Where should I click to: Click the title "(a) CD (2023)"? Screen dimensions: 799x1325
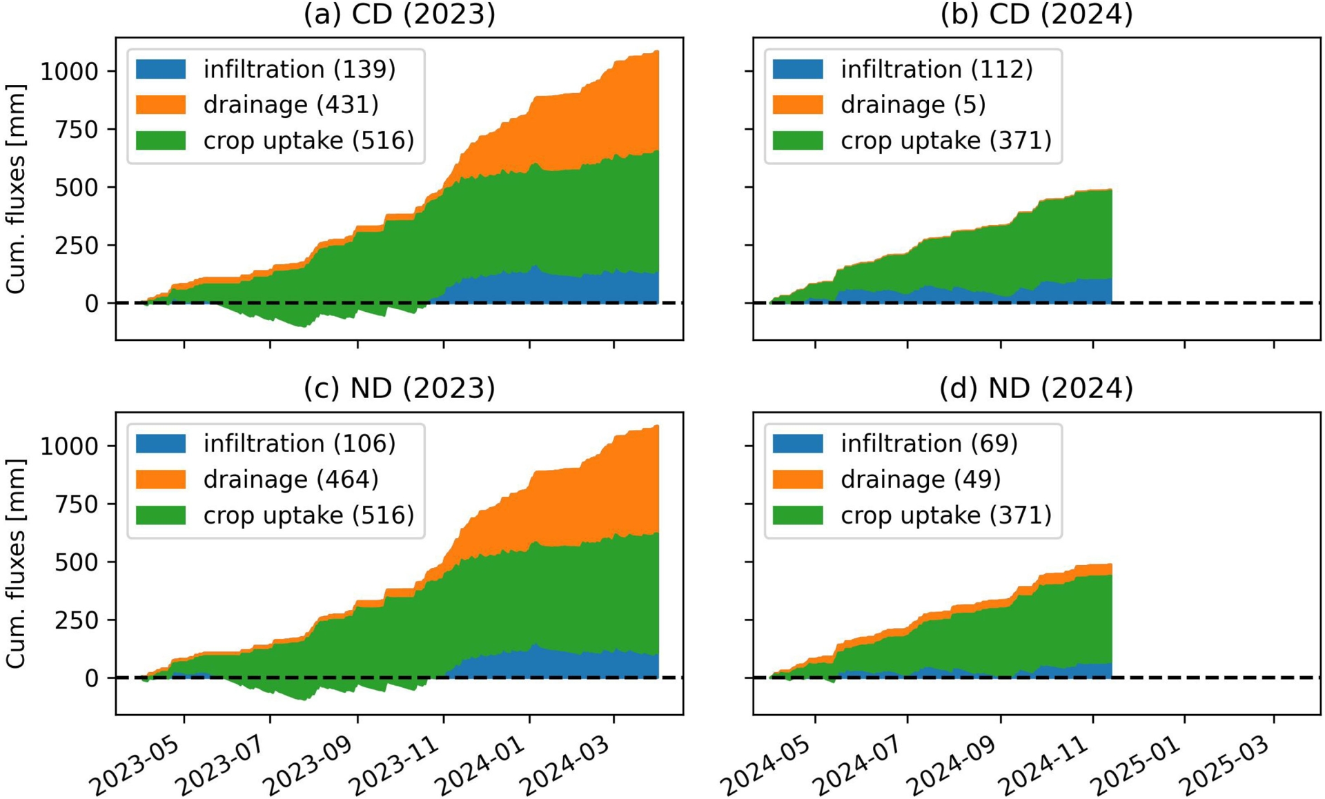pyautogui.click(x=400, y=14)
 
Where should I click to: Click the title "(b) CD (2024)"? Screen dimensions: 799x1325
pyautogui.click(x=1036, y=14)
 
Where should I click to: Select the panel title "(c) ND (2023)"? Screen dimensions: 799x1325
pyautogui.click(x=400, y=388)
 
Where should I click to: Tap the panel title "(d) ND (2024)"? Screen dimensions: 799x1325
pyautogui.click(x=1036, y=388)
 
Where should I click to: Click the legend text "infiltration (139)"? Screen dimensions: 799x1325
pyautogui.click(x=300, y=69)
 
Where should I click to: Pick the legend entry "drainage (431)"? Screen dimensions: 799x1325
pyautogui.click(x=291, y=105)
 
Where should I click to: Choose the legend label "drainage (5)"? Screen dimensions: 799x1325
pyautogui.click(x=913, y=105)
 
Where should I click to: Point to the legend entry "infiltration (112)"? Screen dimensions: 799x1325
pyautogui.click(x=936, y=69)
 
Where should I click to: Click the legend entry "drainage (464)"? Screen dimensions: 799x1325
pyautogui.click(x=291, y=480)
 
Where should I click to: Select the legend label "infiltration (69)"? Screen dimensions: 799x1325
pyautogui.click(x=929, y=444)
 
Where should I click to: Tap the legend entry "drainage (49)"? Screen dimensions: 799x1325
pyautogui.click(x=921, y=480)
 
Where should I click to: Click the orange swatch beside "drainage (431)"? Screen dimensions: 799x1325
pyautogui.click(x=161, y=105)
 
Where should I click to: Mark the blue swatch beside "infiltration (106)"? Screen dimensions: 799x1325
pyautogui.click(x=161, y=444)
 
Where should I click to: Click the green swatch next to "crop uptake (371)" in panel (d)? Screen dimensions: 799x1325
pyautogui.click(x=798, y=515)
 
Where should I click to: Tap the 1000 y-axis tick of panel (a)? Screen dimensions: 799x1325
pyautogui.click(x=69, y=71)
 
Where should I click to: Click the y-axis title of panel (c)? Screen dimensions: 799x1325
pyautogui.click(x=15, y=563)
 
